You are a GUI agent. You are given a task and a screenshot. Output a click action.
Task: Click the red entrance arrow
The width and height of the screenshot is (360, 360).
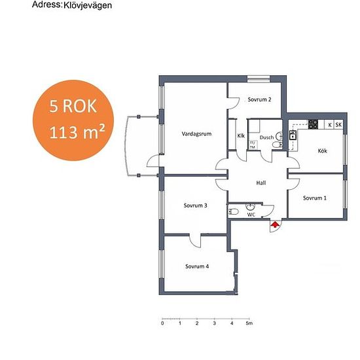tap(275, 224)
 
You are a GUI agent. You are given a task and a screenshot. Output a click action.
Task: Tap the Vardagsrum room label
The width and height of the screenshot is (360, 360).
tap(196, 134)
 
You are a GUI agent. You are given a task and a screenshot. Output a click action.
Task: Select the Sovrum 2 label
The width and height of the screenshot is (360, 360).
tap(259, 99)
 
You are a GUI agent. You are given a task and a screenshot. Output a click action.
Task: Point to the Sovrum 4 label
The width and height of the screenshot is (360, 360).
tap(197, 266)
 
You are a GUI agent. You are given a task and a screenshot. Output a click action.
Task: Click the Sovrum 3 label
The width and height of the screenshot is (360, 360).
tap(196, 206)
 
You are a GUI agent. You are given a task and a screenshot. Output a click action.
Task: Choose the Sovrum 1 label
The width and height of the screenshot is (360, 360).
tap(315, 198)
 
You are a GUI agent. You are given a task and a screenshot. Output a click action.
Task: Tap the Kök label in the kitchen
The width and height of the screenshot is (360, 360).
tap(322, 151)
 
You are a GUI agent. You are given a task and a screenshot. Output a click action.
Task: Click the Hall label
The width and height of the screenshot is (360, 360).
tap(261, 183)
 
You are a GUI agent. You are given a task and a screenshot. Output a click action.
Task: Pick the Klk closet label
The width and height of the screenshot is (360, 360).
tap(241, 135)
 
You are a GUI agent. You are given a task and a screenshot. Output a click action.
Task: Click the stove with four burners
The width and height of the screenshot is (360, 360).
tap(313, 124)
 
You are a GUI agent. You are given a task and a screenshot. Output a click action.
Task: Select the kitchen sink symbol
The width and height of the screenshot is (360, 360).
tap(293, 135)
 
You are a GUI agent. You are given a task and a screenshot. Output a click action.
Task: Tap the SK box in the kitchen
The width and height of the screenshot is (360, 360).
tap(338, 124)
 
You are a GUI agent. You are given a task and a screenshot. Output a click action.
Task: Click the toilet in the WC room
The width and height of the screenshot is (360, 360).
tap(234, 211)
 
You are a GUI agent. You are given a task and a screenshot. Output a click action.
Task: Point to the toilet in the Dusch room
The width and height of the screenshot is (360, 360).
tap(278, 145)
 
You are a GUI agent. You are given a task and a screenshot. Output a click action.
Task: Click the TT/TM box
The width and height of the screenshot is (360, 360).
tap(253, 145)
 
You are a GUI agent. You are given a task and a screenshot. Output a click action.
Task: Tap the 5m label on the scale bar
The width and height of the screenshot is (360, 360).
tap(249, 323)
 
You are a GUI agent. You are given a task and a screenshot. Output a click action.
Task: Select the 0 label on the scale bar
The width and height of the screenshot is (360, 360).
tap(162, 323)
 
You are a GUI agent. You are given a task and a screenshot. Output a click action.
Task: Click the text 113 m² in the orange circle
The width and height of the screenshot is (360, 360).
tap(77, 132)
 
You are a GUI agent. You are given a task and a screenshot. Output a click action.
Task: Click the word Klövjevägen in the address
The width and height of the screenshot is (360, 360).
tap(88, 5)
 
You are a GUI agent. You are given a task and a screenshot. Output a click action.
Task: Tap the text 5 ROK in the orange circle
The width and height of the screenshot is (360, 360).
tap(73, 106)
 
